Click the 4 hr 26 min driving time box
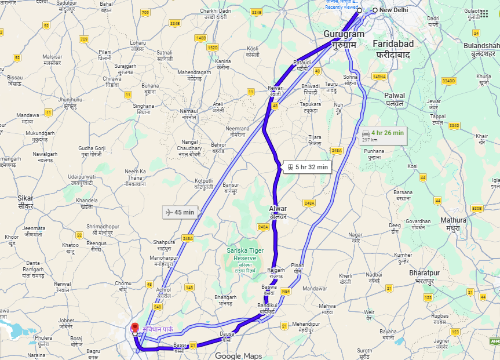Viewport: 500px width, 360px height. (x=382, y=135)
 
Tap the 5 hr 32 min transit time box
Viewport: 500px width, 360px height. (x=306, y=167)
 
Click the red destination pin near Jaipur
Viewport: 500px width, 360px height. (x=135, y=328)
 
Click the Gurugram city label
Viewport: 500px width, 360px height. (x=345, y=39)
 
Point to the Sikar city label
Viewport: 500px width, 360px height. (x=25, y=202)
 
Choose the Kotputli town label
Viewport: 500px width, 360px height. (x=204, y=184)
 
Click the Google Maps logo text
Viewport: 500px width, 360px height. (x=238, y=355)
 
